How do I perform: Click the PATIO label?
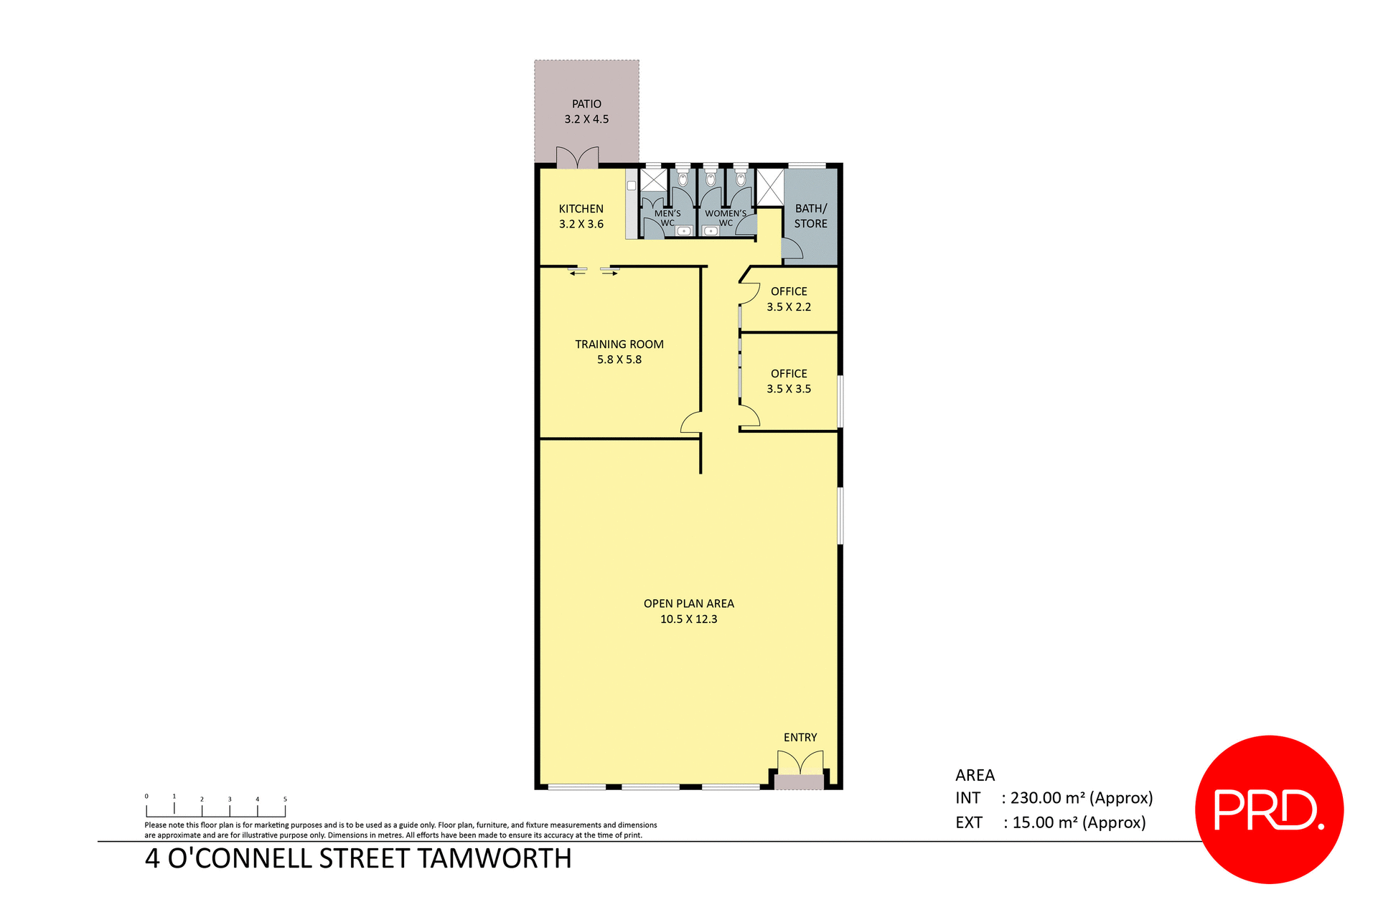pyautogui.click(x=586, y=104)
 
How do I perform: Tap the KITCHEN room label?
pyautogui.click(x=581, y=209)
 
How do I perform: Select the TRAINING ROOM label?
pyautogui.click(x=619, y=344)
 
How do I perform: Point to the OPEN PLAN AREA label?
pyautogui.click(x=688, y=604)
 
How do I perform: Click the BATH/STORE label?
pyautogui.click(x=810, y=216)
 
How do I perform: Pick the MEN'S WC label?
pyautogui.click(x=667, y=217)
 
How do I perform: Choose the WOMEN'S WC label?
pyautogui.click(x=726, y=217)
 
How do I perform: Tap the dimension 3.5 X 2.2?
pyautogui.click(x=789, y=307)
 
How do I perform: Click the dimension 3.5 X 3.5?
pyautogui.click(x=789, y=389)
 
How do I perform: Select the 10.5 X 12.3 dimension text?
pyautogui.click(x=688, y=619)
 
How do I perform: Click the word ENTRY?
pyautogui.click(x=800, y=738)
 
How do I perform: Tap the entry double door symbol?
pyautogui.click(x=800, y=763)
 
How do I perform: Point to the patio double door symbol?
pyautogui.click(x=577, y=158)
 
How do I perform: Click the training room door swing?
pyautogui.click(x=691, y=423)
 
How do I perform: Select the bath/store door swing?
pyautogui.click(x=792, y=248)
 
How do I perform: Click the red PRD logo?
pyautogui.click(x=1269, y=809)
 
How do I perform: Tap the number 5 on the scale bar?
pyautogui.click(x=285, y=799)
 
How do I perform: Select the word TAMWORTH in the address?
pyautogui.click(x=495, y=859)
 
